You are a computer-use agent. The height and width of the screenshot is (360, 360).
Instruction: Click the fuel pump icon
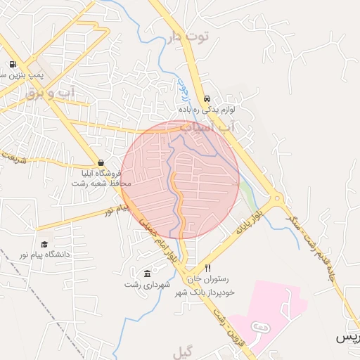[x=13, y=65]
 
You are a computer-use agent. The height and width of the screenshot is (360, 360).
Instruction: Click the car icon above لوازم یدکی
[x=207, y=99]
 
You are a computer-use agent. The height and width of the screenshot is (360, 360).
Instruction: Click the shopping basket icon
[x=101, y=162]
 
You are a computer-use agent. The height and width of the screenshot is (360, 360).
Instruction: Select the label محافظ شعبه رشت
[x=101, y=184]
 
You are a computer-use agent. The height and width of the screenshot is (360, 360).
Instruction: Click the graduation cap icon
[x=44, y=244]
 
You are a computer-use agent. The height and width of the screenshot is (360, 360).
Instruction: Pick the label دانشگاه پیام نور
[x=44, y=255]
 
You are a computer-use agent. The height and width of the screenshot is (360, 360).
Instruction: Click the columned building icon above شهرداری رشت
[x=147, y=274]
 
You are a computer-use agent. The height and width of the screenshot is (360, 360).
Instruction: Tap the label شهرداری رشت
[x=143, y=284]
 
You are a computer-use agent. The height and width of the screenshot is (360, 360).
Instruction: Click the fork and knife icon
[x=207, y=269]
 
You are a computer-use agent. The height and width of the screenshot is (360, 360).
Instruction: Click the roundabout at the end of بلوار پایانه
[x=276, y=200]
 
